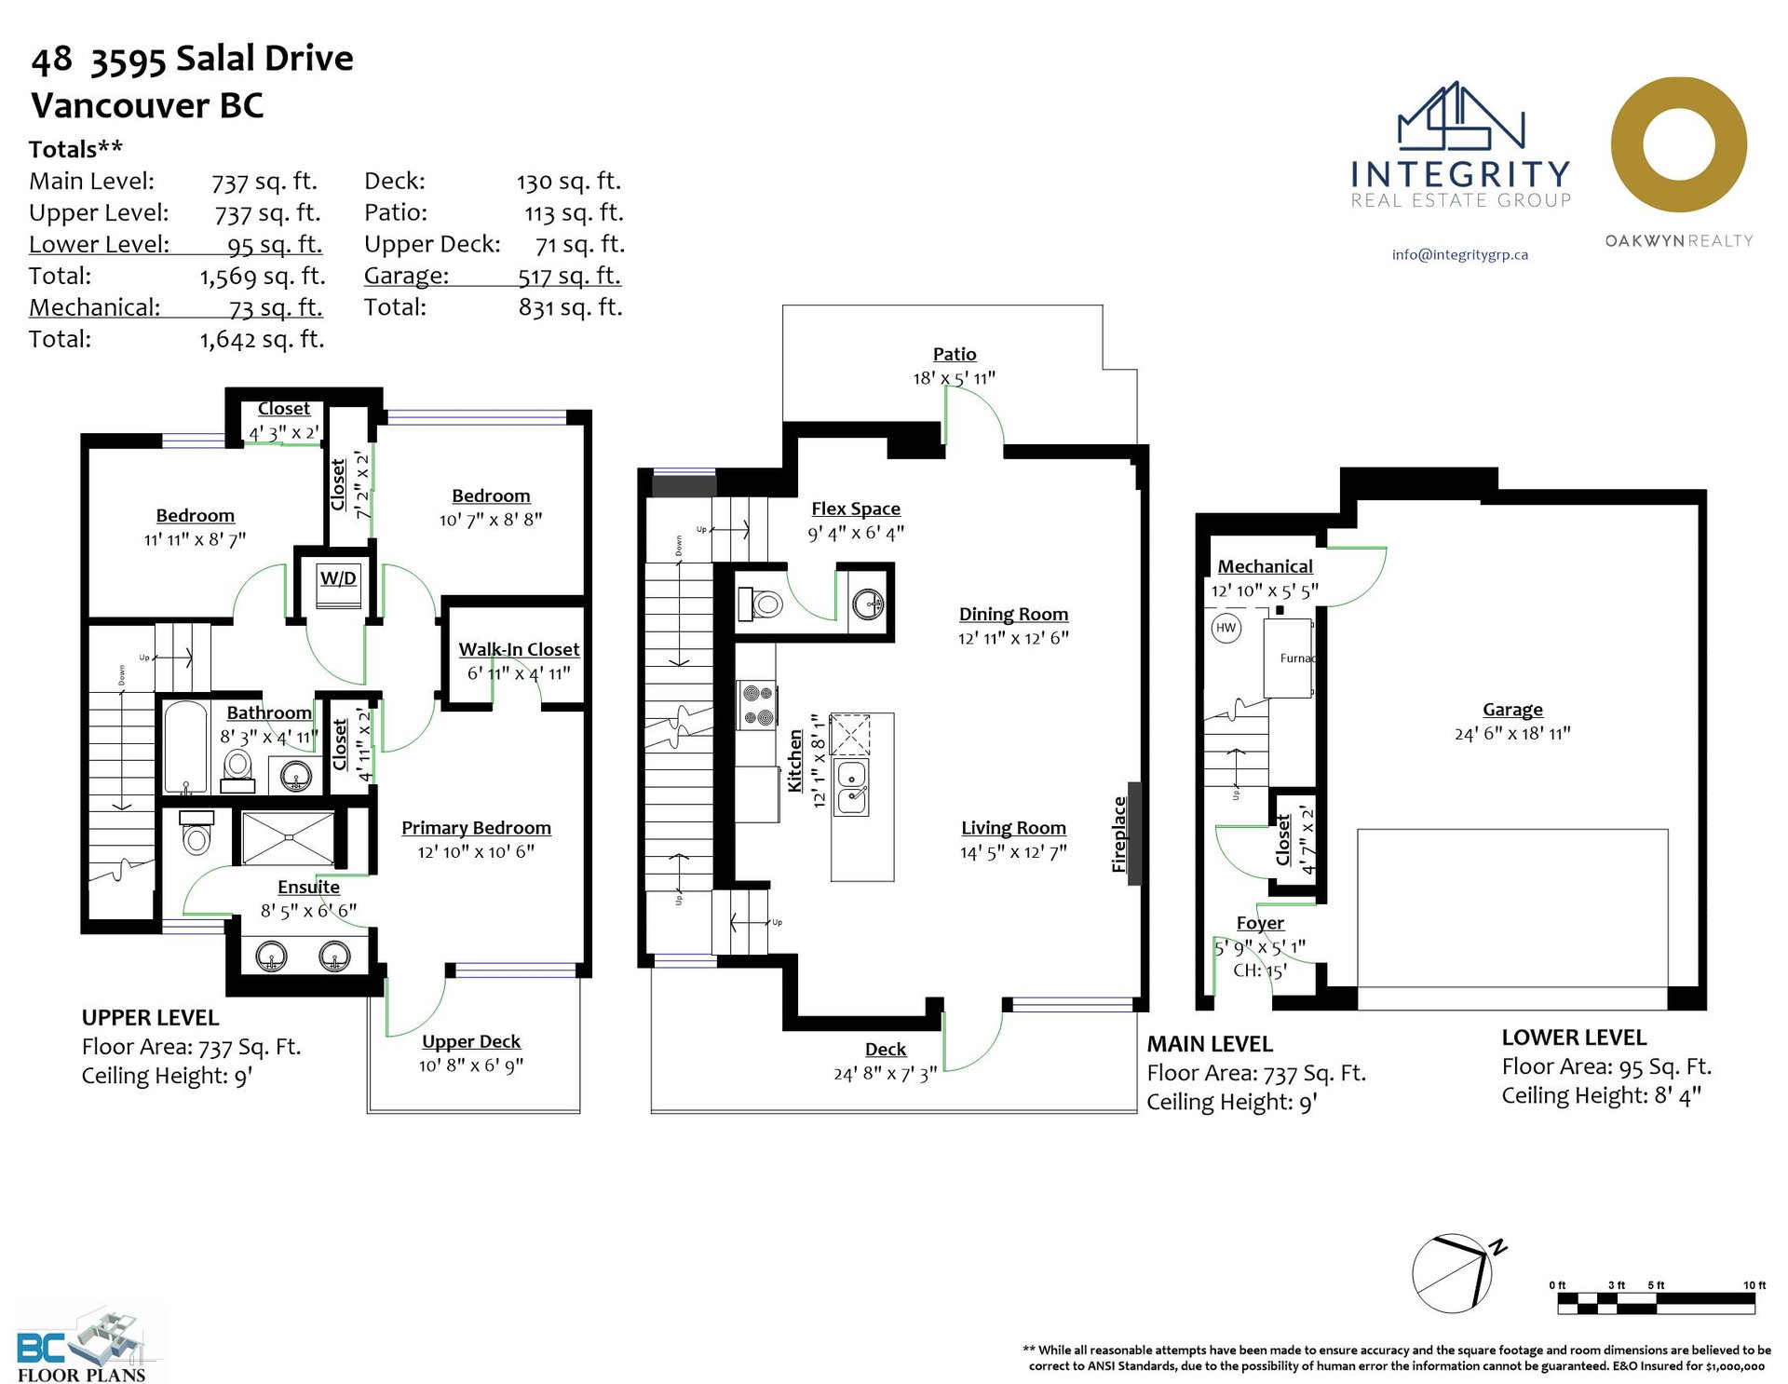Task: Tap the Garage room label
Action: [x=1512, y=710]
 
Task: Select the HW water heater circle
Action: [x=1226, y=628]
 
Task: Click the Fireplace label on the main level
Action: [x=1119, y=834]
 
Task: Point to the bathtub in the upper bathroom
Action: [x=185, y=747]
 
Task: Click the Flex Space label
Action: [x=856, y=509]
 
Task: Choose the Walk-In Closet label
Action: [x=519, y=649]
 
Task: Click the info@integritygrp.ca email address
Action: [x=1460, y=254]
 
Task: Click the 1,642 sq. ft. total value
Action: [x=263, y=339]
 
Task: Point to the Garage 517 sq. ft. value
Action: [x=570, y=276]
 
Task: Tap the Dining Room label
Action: [x=1013, y=614]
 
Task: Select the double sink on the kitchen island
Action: [x=851, y=788]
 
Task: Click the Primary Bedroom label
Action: [x=476, y=828]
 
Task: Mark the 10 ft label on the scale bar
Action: [x=1754, y=1285]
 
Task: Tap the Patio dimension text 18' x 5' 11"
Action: [x=954, y=378]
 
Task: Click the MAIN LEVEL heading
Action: [x=1210, y=1044]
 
